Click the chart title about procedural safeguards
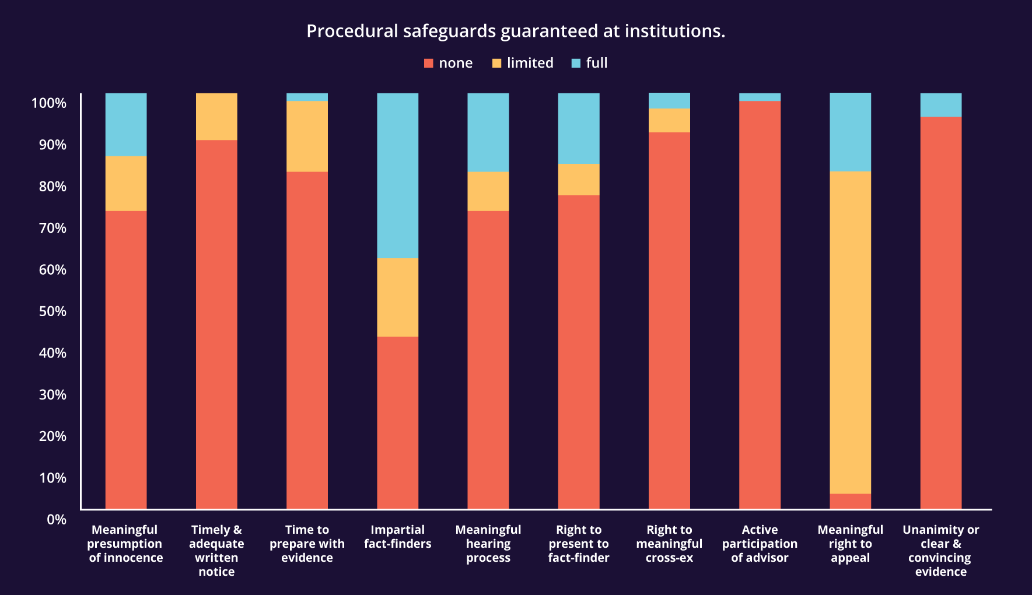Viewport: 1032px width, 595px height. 516,31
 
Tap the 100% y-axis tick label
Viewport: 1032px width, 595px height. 49,103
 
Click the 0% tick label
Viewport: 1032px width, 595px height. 57,519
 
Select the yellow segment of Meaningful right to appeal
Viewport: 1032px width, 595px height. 850,332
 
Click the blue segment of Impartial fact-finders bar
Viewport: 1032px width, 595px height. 397,175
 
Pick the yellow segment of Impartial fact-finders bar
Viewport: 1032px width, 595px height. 397,297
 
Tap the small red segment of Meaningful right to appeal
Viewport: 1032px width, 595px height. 850,501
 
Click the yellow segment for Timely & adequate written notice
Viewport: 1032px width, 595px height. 216,117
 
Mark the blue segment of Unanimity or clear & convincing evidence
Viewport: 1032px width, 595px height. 940,105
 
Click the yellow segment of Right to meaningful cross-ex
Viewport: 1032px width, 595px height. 669,120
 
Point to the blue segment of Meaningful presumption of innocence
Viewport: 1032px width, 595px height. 126,124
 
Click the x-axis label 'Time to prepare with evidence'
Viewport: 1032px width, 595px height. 307,544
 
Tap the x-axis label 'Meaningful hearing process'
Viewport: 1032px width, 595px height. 488,544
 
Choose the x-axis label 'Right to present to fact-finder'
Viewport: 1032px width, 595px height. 579,544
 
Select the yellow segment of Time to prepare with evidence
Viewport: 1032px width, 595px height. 307,136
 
